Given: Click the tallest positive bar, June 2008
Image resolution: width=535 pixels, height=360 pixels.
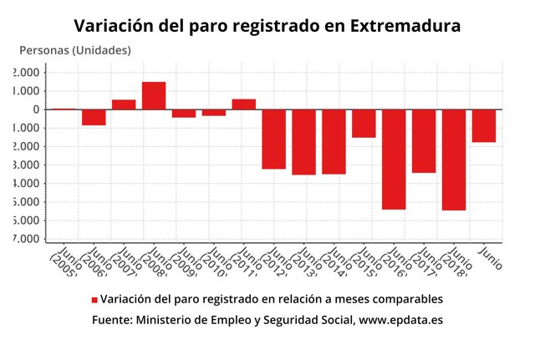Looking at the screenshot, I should coord(154,95).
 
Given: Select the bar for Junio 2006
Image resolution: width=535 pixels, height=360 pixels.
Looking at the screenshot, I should coord(94,117).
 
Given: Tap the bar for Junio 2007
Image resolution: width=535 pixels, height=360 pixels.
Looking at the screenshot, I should coord(124,104).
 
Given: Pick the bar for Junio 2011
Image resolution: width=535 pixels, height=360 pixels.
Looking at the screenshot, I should coord(243,104).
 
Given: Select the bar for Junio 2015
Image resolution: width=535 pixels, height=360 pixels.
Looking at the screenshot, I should coord(364,123).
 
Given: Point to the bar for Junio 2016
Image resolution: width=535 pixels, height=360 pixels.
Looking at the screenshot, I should coord(394,159).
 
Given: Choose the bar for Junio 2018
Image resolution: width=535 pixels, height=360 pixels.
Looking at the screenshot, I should coord(454,160).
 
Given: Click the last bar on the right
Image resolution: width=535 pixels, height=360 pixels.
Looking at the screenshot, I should coord(484,125).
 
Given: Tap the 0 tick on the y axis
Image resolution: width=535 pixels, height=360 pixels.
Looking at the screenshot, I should coord(35,109).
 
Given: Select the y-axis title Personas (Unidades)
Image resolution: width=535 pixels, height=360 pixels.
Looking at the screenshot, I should coord(75,51).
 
